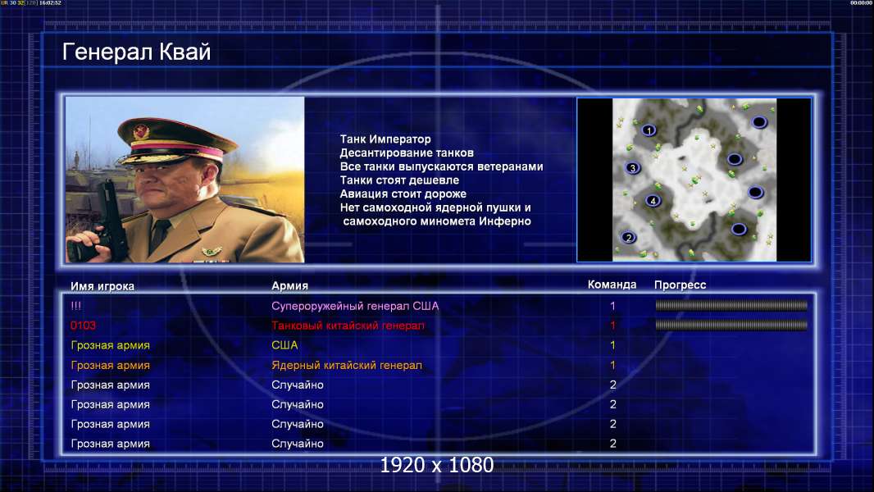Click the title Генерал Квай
[137, 52]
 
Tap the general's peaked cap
[174, 139]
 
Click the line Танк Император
[385, 139]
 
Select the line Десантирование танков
[407, 153]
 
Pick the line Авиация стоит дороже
[403, 194]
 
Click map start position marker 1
[649, 130]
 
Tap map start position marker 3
[632, 168]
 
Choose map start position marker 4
[653, 201]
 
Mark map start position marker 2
[628, 237]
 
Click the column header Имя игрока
[102, 286]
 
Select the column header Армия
[290, 286]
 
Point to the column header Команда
[612, 285]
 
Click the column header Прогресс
[680, 285]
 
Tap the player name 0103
[83, 326]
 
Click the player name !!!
[75, 306]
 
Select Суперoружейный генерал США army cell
[355, 306]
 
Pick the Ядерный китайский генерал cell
[347, 366]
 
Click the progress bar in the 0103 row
[731, 325]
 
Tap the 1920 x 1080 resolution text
[437, 465]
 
